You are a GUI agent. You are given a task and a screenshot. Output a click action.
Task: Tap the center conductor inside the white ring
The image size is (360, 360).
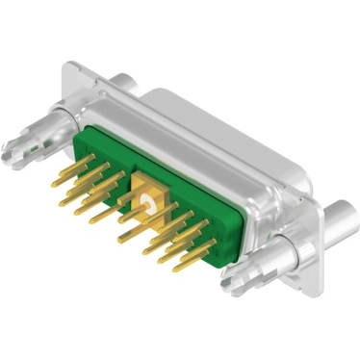pyautogui.click(x=146, y=202)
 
